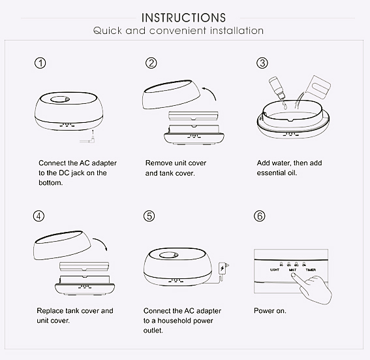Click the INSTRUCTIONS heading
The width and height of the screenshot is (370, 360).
pos(183,18)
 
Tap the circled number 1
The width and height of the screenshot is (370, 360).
pos(40,63)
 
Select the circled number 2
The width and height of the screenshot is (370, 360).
pos(151,63)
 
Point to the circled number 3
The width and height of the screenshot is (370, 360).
pos(262,63)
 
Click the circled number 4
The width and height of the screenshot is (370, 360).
pos(39,216)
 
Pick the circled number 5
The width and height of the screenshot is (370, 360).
pos(149,216)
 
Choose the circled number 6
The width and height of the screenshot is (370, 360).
pos(260,216)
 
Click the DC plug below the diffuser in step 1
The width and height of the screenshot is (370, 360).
pos(89,139)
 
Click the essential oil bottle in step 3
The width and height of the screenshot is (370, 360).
pos(277,88)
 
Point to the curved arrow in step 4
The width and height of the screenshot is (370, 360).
pos(101,243)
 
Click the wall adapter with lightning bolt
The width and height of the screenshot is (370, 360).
pos(223,268)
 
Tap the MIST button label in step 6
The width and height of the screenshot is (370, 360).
pos(292,270)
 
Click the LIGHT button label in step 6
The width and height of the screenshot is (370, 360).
pos(275,270)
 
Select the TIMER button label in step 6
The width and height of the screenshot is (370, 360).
pos(311,270)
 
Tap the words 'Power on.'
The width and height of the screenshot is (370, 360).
pos(270,310)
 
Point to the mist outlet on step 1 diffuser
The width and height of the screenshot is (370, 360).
pos(59,99)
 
